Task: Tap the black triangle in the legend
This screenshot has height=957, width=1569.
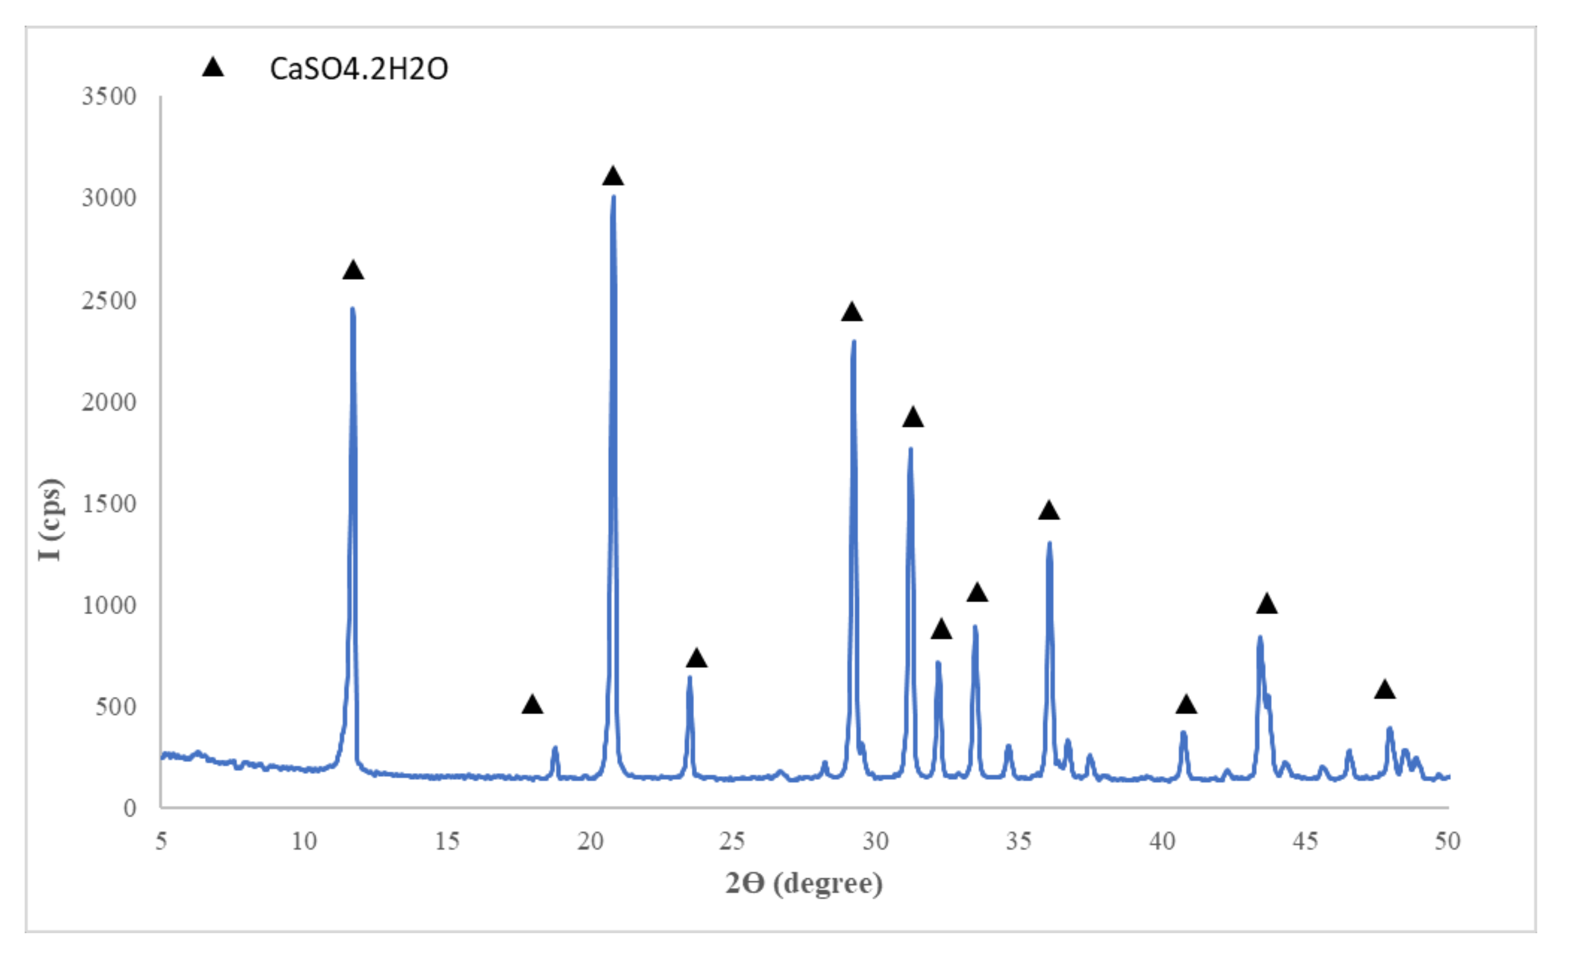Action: [212, 67]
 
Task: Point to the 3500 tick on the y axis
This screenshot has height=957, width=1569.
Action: [109, 96]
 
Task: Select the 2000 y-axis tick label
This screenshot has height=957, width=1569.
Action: [109, 402]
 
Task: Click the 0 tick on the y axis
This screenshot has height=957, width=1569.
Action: [129, 808]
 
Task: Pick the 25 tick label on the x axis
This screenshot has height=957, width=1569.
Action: [732, 842]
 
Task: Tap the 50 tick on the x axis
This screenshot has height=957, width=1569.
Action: [1448, 842]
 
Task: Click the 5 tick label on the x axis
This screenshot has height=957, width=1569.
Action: [161, 842]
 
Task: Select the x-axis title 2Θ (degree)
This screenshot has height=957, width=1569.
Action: [804, 884]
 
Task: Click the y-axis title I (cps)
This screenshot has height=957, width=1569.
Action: [51, 520]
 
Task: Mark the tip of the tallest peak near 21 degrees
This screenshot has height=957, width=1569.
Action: [613, 196]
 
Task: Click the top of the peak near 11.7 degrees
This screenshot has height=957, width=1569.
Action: [353, 309]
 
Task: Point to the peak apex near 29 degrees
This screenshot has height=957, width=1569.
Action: [854, 341]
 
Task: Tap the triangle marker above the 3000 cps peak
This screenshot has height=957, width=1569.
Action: [612, 176]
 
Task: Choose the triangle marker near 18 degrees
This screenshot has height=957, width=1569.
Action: [532, 705]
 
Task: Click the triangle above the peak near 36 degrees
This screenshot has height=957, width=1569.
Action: [1049, 511]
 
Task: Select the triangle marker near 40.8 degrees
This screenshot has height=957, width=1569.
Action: [1186, 705]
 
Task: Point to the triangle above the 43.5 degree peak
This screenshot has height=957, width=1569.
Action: [1267, 603]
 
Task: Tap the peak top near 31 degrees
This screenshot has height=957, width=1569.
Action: [911, 449]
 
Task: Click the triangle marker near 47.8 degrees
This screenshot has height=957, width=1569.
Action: [1385, 690]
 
